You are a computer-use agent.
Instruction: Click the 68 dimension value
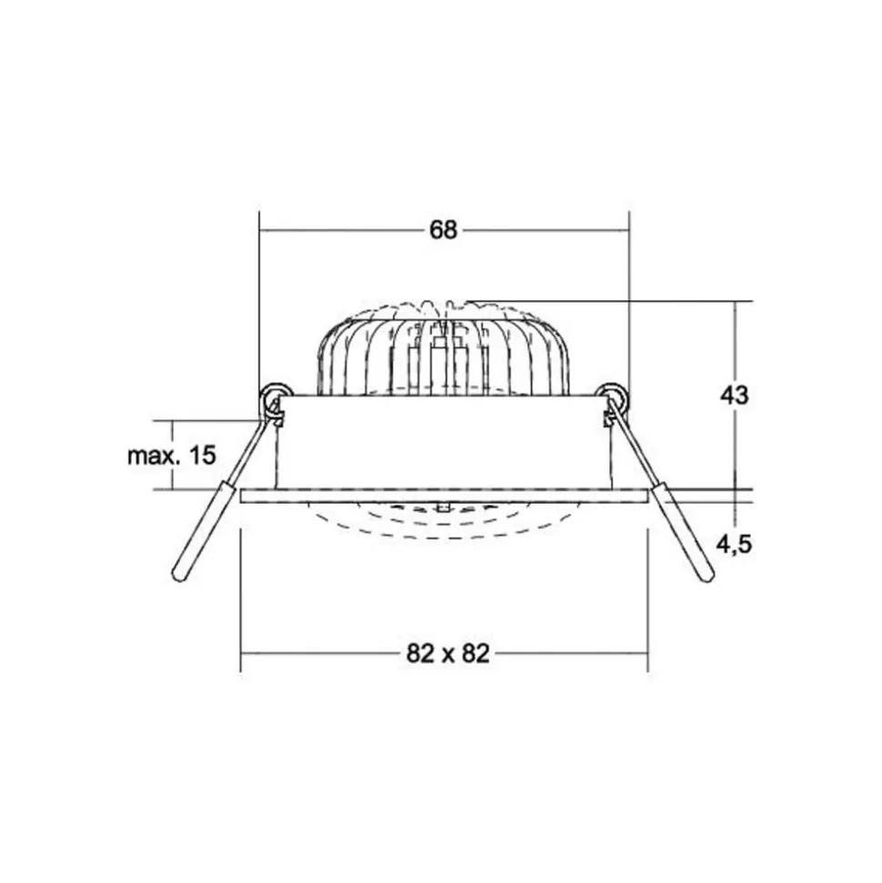click(443, 230)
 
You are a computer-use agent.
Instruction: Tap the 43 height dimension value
click(735, 396)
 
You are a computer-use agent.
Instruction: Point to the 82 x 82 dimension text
click(447, 654)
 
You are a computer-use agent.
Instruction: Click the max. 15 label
click(172, 455)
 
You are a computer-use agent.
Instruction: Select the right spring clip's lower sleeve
click(685, 532)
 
